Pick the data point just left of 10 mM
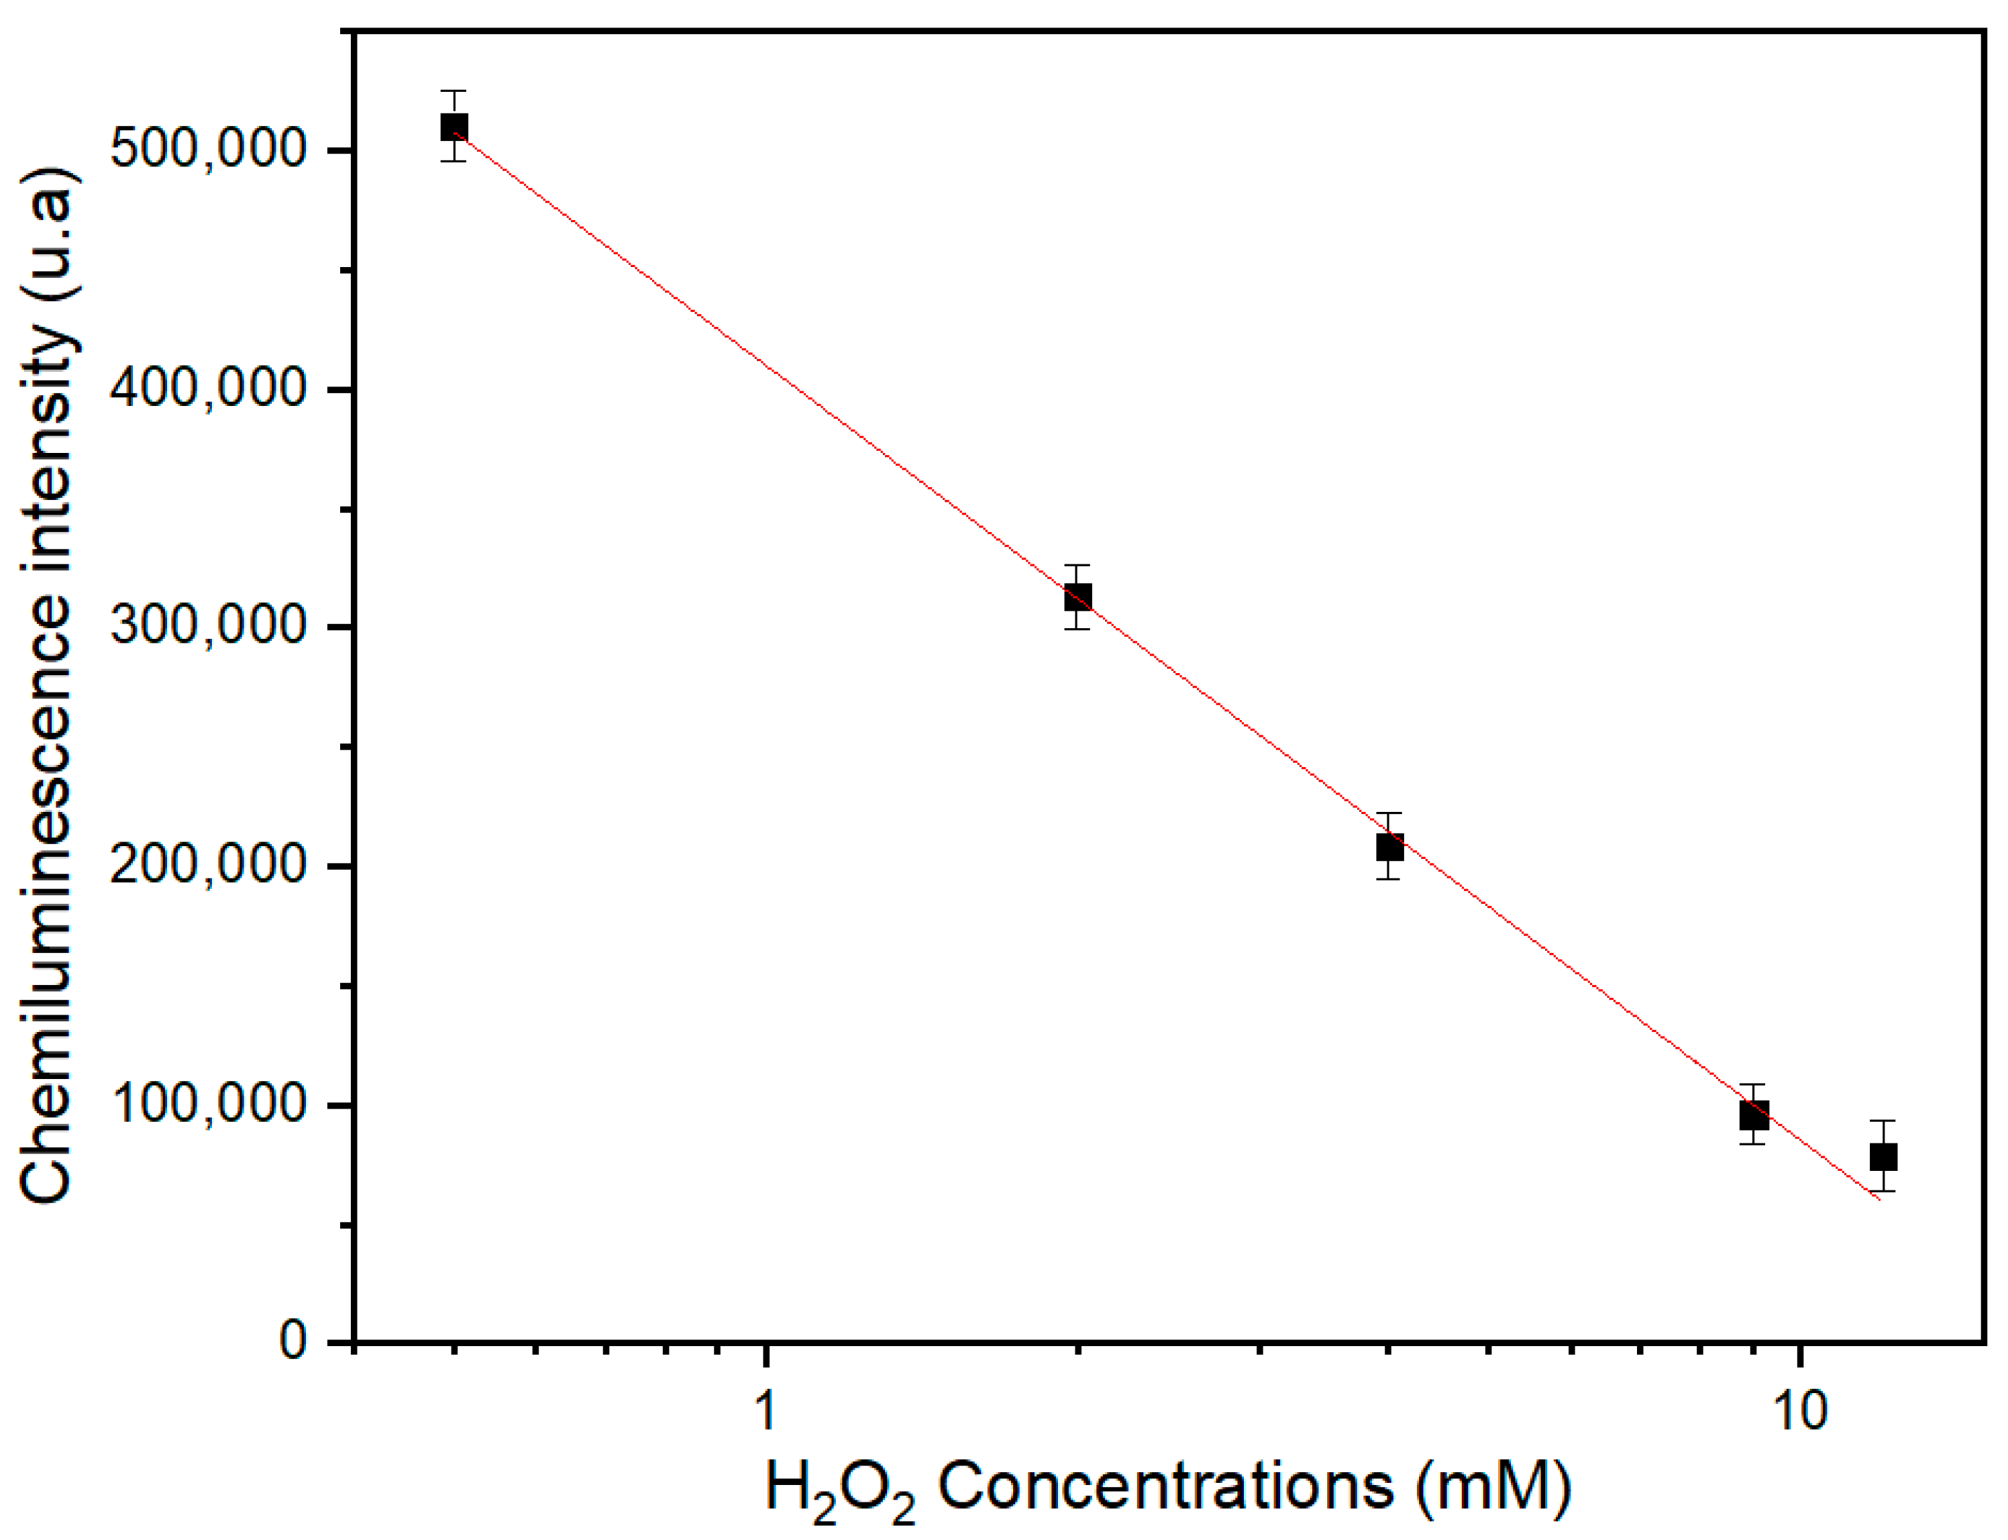1753,1115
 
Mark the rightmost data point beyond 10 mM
1883,1157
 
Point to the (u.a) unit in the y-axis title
46,234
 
